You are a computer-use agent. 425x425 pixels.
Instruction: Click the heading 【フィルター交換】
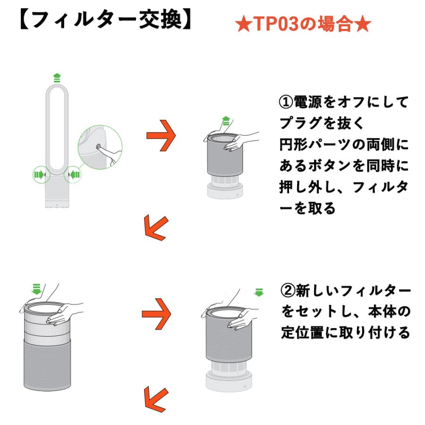(x=106, y=20)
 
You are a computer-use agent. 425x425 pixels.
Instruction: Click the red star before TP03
(x=243, y=25)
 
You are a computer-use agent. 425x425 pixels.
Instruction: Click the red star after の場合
(x=362, y=24)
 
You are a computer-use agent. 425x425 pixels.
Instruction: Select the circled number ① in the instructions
(x=286, y=102)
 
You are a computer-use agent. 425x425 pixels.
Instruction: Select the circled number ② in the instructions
(x=288, y=290)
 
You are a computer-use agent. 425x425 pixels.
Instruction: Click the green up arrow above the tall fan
(x=57, y=78)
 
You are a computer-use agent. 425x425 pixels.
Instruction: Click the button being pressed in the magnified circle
(x=98, y=147)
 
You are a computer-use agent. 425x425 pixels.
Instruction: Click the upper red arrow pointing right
(x=161, y=135)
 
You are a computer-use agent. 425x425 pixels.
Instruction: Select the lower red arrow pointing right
(x=156, y=314)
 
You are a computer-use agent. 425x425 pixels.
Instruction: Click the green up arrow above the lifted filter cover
(x=226, y=121)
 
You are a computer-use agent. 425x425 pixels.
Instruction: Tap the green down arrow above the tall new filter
(x=36, y=289)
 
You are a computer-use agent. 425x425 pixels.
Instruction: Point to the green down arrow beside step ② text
(x=259, y=292)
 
